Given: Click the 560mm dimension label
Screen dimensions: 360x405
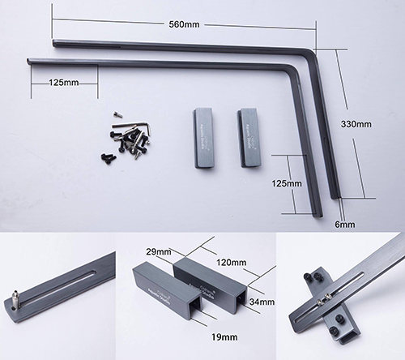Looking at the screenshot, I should click(x=183, y=24).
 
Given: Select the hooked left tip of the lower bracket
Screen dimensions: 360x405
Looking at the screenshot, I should click(x=29, y=59).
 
